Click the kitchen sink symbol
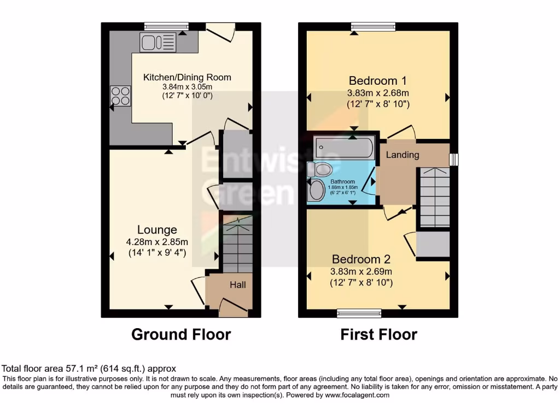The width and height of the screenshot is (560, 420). (159, 42)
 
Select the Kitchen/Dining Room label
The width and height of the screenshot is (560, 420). (187, 77)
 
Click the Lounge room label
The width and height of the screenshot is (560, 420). (157, 230)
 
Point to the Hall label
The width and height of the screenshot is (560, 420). (237, 285)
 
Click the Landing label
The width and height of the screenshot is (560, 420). (402, 155)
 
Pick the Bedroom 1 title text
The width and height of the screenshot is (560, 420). (378, 81)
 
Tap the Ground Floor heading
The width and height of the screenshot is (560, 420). (181, 334)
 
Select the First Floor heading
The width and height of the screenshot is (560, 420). (378, 334)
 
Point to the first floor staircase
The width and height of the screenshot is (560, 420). (434, 197)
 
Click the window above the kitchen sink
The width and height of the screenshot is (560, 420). (166, 26)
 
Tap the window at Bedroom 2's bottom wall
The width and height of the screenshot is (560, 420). (359, 313)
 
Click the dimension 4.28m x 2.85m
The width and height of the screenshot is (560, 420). (157, 242)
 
